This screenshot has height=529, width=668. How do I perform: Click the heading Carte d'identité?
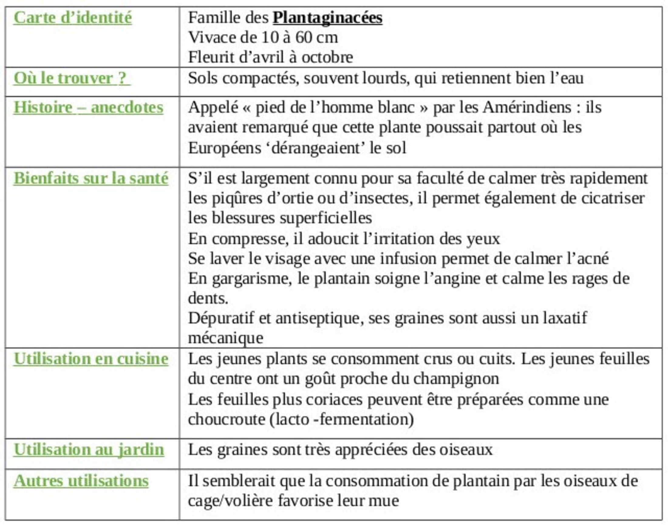[73, 18]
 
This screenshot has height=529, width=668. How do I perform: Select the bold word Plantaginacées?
[327, 18]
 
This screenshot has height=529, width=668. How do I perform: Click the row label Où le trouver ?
[72, 78]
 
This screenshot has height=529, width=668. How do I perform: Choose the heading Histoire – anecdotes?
[88, 107]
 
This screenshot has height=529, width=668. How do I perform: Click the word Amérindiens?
[527, 107]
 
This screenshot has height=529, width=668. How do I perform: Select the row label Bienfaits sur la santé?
[91, 178]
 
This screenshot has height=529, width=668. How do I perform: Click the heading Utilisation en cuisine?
[91, 359]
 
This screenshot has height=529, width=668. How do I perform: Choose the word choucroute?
[226, 420]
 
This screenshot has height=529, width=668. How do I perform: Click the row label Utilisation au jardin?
[89, 450]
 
